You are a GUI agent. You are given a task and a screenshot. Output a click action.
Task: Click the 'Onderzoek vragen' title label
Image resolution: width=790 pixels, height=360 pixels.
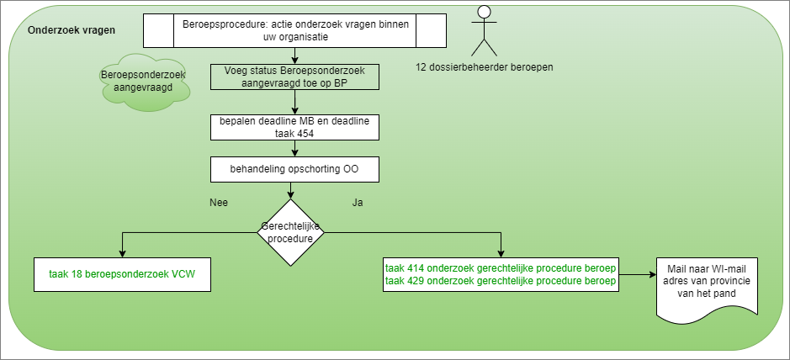(72, 29)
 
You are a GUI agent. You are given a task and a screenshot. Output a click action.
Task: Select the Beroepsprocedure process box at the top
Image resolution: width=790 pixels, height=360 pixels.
(294, 31)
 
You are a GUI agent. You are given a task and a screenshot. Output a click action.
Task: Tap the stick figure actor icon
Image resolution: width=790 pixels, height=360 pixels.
(483, 30)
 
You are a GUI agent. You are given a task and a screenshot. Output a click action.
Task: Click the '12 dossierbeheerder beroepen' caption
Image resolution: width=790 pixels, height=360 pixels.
(483, 66)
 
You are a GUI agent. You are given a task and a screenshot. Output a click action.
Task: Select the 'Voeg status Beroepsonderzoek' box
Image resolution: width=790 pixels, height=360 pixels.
(294, 77)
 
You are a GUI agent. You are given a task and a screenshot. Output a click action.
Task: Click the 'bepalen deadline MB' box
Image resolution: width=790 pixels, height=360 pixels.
(294, 126)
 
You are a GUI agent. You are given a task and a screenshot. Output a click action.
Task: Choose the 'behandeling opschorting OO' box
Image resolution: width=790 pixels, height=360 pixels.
(294, 169)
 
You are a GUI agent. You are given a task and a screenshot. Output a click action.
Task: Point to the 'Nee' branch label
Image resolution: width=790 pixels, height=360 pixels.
(218, 203)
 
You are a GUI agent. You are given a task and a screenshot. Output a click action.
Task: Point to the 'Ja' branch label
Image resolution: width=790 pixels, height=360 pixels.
(357, 203)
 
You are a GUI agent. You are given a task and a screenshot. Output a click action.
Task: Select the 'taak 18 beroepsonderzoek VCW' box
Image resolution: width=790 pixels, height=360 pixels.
(123, 273)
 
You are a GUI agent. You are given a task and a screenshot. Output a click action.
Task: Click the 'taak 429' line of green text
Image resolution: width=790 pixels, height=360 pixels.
(501, 280)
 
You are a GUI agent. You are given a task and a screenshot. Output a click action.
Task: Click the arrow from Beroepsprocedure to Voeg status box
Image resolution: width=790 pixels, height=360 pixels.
(294, 56)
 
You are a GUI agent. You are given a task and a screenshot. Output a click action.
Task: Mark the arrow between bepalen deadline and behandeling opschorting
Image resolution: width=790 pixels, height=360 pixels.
(294, 148)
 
